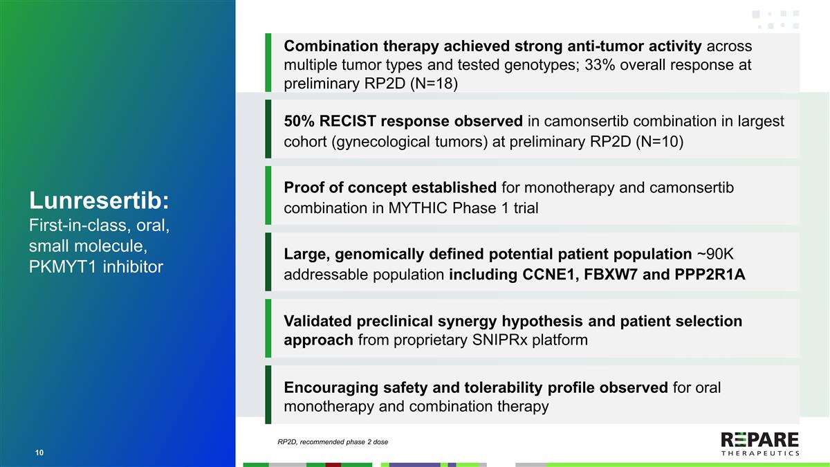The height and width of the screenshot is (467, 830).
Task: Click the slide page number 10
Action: coord(39,452)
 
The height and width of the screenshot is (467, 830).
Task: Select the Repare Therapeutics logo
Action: coord(759,443)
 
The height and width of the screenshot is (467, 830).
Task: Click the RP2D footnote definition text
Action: coord(332,441)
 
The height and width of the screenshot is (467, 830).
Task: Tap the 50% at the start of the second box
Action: coord(299,121)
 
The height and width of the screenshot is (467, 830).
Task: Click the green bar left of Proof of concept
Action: coord(268,195)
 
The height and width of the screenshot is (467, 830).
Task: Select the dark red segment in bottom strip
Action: coord(333,464)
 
